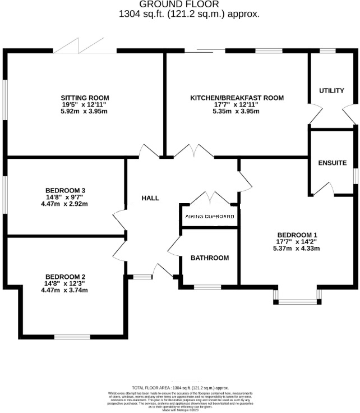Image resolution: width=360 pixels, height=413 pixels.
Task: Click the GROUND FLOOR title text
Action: click(180, 4)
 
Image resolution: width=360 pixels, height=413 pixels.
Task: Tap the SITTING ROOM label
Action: click(85, 97)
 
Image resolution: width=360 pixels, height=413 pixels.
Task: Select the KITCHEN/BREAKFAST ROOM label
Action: click(237, 97)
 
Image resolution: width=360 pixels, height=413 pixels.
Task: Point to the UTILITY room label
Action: click(331, 91)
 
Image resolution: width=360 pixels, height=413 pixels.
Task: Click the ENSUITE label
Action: click(333, 163)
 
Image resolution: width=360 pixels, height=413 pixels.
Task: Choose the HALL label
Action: click(150, 198)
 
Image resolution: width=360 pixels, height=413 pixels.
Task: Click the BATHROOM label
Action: click(210, 258)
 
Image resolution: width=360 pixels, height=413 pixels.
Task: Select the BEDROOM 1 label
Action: click(296, 235)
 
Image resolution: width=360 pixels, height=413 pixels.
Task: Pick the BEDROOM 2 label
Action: click(65, 277)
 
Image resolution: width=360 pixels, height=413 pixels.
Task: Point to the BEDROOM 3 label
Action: click(65, 190)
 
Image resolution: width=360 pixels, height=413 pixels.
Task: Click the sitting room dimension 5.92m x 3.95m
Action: click(84, 111)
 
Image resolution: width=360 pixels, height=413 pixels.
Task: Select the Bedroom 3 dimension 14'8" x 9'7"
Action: click(65, 197)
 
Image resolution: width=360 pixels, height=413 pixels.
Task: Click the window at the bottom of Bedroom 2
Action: click(69, 336)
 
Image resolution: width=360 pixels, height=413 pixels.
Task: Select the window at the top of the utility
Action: click(327, 51)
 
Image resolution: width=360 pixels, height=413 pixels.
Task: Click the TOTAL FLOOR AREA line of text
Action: click(180, 388)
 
